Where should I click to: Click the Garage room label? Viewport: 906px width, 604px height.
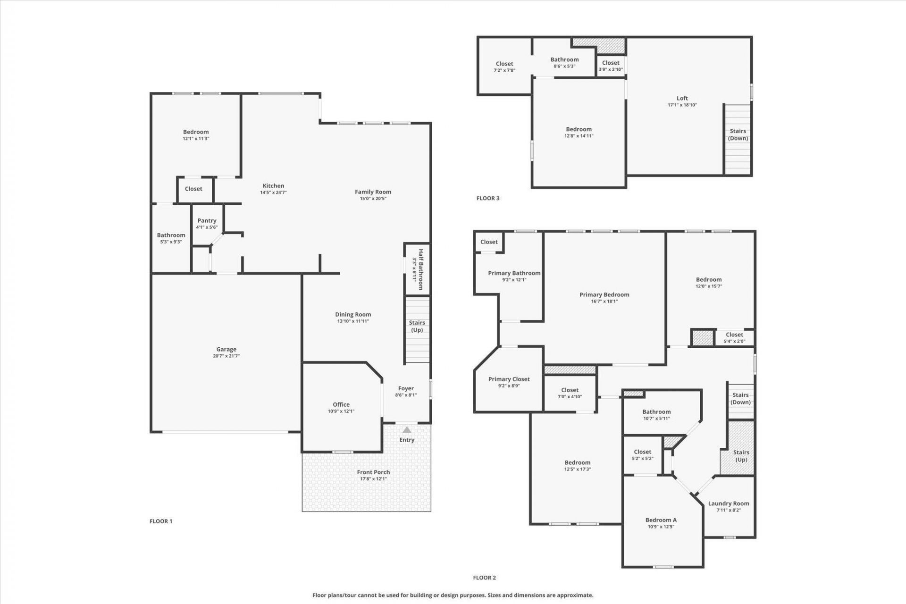226,350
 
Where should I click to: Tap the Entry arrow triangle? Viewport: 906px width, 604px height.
407,430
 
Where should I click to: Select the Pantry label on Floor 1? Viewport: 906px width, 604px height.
207,220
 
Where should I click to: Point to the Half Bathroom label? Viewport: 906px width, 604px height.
420,269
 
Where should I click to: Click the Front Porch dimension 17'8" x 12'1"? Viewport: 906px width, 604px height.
373,479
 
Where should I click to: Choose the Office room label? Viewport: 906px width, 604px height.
341,404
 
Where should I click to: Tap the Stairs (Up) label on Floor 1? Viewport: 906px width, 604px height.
417,326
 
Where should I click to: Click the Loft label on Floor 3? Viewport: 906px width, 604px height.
682,98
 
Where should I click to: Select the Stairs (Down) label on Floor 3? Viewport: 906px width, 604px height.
738,134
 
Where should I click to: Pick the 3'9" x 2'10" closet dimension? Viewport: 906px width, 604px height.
611,69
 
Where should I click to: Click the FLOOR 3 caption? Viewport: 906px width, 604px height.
488,198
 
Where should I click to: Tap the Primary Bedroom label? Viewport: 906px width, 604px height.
604,294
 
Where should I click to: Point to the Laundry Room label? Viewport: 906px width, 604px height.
729,503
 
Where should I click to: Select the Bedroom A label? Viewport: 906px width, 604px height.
661,520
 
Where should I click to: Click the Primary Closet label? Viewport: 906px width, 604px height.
509,379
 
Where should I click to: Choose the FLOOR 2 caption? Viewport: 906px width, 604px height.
485,578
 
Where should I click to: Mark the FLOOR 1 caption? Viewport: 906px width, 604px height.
161,521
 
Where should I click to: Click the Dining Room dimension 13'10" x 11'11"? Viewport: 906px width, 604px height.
353,321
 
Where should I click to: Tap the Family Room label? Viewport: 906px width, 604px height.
373,192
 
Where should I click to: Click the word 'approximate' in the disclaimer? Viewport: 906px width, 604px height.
576,596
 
